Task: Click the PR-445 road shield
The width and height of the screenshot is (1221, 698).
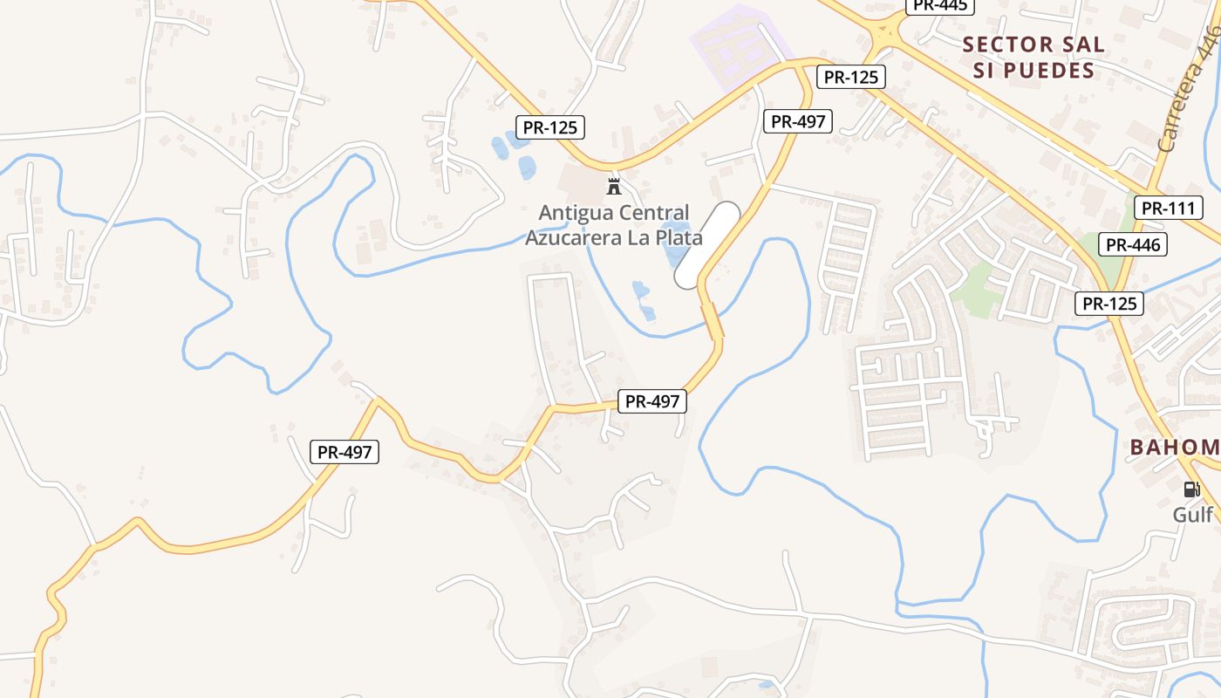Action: (x=939, y=5)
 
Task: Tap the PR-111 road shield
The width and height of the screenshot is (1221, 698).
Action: (x=1169, y=208)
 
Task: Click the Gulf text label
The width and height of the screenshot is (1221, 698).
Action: (x=1192, y=514)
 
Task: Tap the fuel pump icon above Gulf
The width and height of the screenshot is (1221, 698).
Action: (x=1191, y=489)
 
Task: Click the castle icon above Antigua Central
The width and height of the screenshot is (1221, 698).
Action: (x=614, y=186)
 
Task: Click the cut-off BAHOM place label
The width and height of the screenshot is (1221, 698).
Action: (x=1175, y=448)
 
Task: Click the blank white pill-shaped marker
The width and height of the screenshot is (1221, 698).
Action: (x=707, y=245)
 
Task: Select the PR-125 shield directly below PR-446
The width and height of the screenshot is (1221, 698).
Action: (x=1109, y=304)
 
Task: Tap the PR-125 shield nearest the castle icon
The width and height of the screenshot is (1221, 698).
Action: (x=549, y=127)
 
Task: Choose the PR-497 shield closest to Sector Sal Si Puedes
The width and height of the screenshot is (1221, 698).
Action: (x=798, y=121)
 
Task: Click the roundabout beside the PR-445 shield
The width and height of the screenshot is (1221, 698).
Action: (x=885, y=36)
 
